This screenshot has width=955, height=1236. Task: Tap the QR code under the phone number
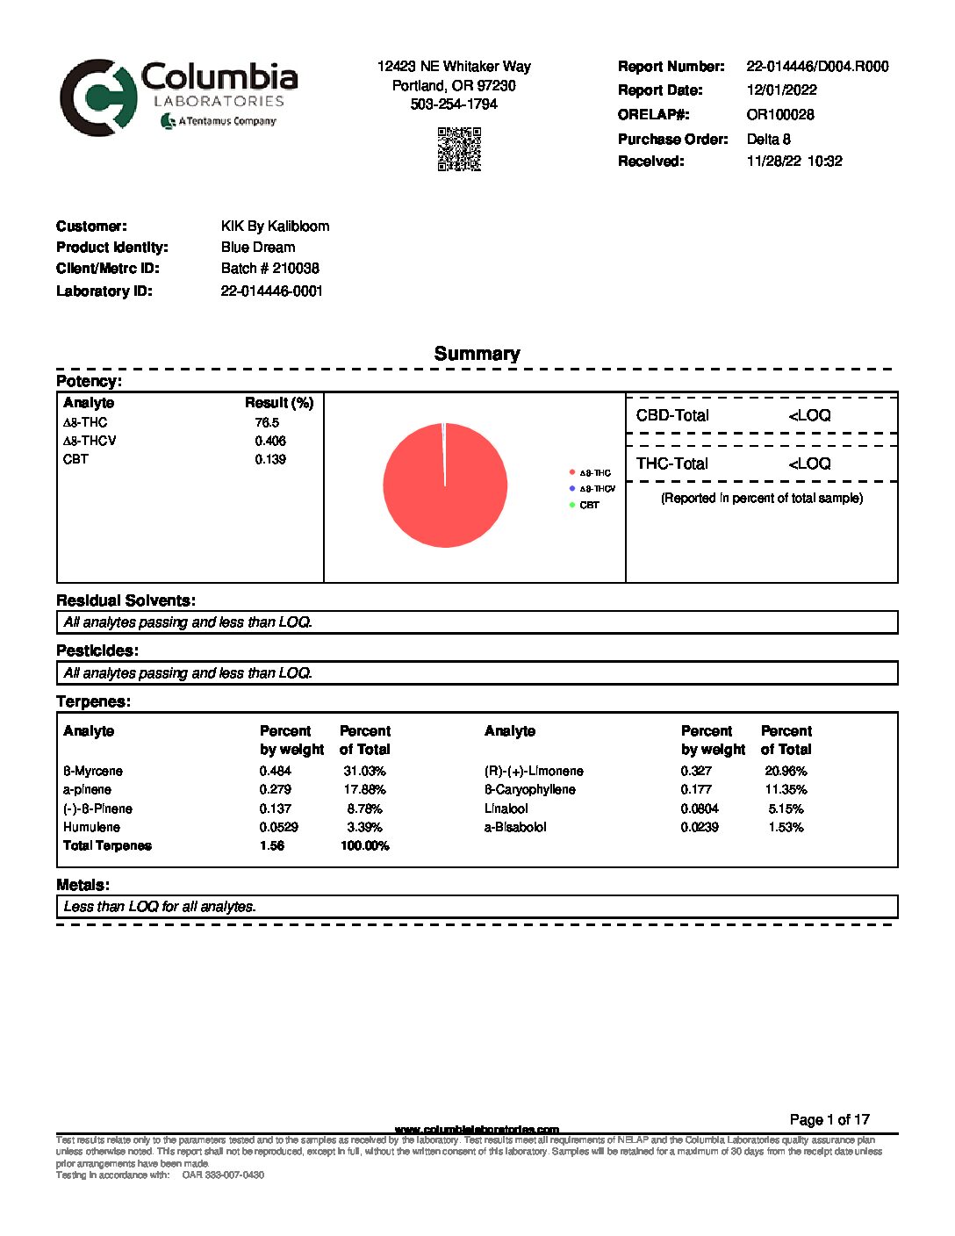(x=459, y=148)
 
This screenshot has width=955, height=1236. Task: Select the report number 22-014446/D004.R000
(x=817, y=66)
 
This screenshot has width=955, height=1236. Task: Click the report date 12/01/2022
(x=781, y=90)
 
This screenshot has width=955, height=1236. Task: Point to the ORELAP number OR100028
(x=779, y=114)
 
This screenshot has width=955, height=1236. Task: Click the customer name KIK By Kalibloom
(x=275, y=226)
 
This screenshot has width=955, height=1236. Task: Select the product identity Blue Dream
(x=258, y=247)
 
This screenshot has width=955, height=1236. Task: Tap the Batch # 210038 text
(x=270, y=268)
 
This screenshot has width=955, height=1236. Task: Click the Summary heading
(x=477, y=354)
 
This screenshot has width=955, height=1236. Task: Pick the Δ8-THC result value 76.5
(x=267, y=422)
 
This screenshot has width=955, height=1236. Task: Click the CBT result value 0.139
(x=270, y=459)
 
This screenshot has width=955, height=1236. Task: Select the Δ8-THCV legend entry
(x=597, y=489)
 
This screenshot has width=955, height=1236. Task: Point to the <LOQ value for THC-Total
(x=809, y=463)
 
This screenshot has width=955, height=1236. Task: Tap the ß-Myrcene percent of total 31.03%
(x=364, y=771)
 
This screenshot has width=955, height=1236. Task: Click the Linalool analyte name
(x=506, y=808)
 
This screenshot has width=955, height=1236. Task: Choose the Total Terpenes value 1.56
(x=272, y=845)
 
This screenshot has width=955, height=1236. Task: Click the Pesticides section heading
(x=97, y=650)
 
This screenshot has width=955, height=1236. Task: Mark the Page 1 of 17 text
(x=829, y=1119)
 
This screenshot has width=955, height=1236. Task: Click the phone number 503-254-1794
(x=454, y=104)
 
